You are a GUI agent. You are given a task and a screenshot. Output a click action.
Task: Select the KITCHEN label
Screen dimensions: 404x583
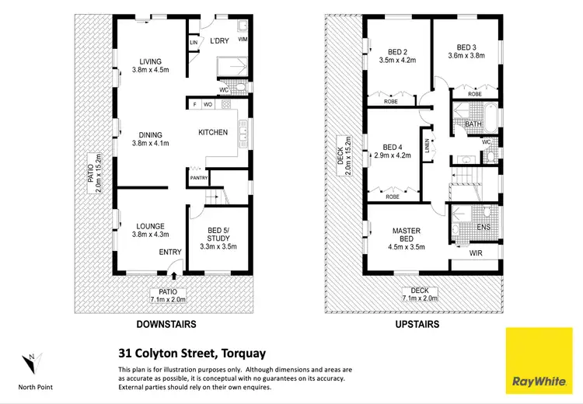(213, 133)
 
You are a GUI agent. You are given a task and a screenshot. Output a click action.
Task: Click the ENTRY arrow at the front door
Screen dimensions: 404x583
(173, 273)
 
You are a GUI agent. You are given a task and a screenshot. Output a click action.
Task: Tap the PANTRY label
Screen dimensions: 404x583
(198, 178)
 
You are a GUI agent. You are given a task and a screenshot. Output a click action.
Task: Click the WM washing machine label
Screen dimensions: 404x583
(243, 39)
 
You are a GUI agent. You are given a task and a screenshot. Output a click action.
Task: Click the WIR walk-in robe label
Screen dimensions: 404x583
(477, 253)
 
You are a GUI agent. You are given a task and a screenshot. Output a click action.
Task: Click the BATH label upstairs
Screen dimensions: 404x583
(473, 124)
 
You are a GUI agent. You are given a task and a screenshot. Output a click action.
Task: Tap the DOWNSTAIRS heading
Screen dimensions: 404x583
(166, 324)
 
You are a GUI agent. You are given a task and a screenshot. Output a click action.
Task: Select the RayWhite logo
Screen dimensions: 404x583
(538, 362)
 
